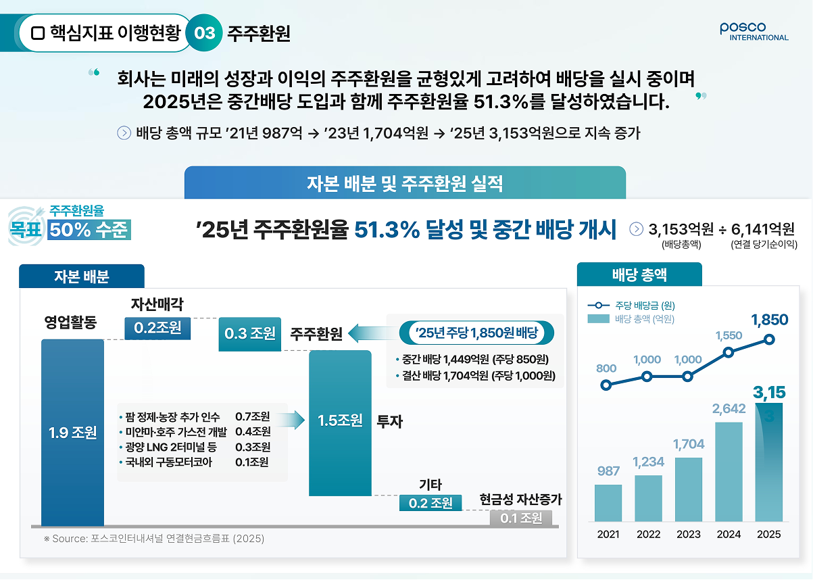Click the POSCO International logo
coord(754,32)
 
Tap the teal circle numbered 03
coord(204,33)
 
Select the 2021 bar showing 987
coord(608,503)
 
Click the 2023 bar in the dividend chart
coord(689,489)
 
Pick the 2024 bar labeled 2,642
coord(729,472)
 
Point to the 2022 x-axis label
coord(648,534)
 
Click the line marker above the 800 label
coord(606,385)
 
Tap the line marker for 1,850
coord(769,340)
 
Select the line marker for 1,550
coord(729,352)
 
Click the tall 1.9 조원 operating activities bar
coord(72,432)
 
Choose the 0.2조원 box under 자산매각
coord(157,329)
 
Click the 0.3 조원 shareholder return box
coord(249,335)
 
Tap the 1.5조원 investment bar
coord(340,423)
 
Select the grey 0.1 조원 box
coord(521,518)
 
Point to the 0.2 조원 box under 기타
coord(430,503)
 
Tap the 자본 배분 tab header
coord(82,276)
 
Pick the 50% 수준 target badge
coord(89,230)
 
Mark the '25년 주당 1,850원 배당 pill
coord(476,333)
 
